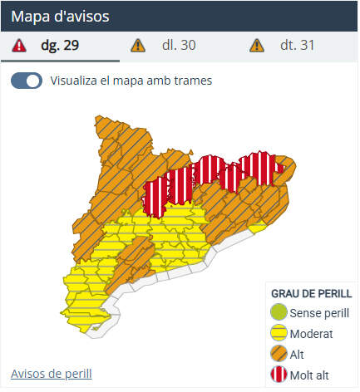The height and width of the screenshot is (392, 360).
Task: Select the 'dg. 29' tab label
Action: click(60, 45)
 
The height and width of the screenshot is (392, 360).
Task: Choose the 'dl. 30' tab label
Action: click(179, 45)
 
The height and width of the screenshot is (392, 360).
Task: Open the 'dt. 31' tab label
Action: click(297, 45)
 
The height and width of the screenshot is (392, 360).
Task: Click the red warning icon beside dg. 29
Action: click(19, 45)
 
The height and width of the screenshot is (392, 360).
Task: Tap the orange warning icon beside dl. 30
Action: click(138, 45)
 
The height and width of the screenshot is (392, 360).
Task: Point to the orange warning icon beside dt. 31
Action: click(257, 45)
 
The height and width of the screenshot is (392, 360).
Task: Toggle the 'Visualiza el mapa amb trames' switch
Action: click(27, 81)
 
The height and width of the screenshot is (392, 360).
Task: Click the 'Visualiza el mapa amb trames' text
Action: click(131, 81)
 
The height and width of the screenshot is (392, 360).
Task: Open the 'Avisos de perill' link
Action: click(52, 373)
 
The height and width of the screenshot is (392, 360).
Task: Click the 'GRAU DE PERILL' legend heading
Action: click(312, 293)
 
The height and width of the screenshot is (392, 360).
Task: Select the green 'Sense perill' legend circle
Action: click(279, 313)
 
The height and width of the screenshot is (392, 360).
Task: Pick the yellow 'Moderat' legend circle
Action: click(279, 334)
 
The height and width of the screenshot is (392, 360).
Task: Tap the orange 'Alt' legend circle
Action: click(279, 355)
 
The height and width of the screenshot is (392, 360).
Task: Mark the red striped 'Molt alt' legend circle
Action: click(279, 375)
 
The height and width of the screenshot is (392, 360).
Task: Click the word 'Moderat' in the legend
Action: click(313, 334)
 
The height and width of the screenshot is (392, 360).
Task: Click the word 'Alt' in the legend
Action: click(298, 355)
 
